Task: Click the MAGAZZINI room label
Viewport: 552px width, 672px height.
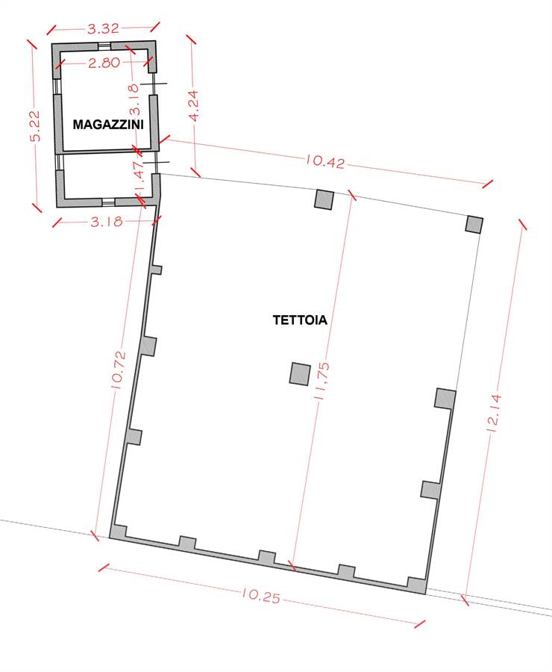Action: coord(108,124)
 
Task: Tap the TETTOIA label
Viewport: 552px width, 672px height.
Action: coord(300,320)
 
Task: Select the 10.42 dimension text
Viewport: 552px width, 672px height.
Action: coord(325,161)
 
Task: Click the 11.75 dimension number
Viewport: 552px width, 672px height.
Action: coord(322,381)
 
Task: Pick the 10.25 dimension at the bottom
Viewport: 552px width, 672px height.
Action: coord(261,595)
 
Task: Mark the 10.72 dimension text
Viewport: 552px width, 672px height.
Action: coord(119,370)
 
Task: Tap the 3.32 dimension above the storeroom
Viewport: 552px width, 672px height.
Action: coord(103,28)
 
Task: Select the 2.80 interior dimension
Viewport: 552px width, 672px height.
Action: coord(104,63)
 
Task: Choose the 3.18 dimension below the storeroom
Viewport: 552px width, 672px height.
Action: coord(107,221)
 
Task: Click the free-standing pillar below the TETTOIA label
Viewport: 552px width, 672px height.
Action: coord(300,374)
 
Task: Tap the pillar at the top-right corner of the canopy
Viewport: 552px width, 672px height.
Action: coord(474,225)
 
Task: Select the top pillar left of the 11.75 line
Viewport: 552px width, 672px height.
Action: coord(324,199)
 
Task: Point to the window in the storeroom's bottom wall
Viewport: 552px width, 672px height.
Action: coord(109,202)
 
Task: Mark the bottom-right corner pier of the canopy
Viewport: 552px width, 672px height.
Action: coord(417,585)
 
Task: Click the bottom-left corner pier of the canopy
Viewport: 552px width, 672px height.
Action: coord(118,532)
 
